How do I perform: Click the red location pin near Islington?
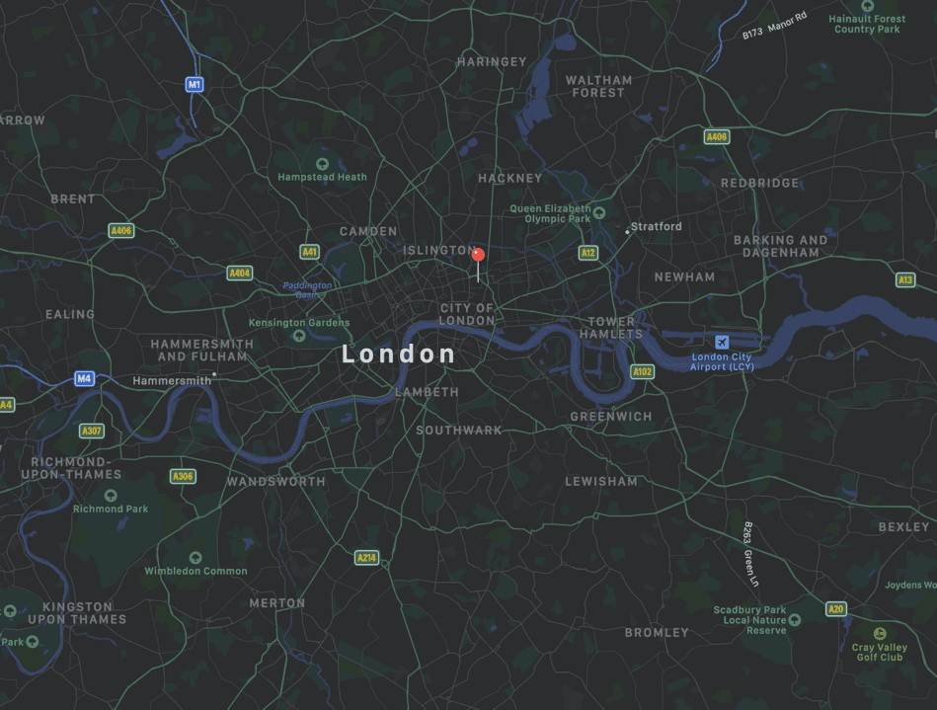click(478, 255)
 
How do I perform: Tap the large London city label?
click(399, 355)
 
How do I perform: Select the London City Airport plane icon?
click(722, 342)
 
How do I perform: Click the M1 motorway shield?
click(195, 84)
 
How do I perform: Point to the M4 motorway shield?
click(84, 378)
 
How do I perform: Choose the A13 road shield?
click(905, 280)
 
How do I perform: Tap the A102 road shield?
click(642, 371)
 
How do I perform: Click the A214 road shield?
click(366, 558)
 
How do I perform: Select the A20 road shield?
click(836, 608)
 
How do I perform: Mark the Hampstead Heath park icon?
click(322, 164)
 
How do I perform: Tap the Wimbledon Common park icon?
click(195, 558)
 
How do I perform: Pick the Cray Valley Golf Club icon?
click(879, 633)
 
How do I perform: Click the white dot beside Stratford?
click(627, 232)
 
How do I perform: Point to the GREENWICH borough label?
click(611, 417)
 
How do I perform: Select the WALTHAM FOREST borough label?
click(598, 86)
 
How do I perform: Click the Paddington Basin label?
click(307, 289)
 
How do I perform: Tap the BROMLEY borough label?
click(657, 632)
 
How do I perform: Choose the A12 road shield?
click(588, 253)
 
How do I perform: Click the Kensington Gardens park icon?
click(299, 336)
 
